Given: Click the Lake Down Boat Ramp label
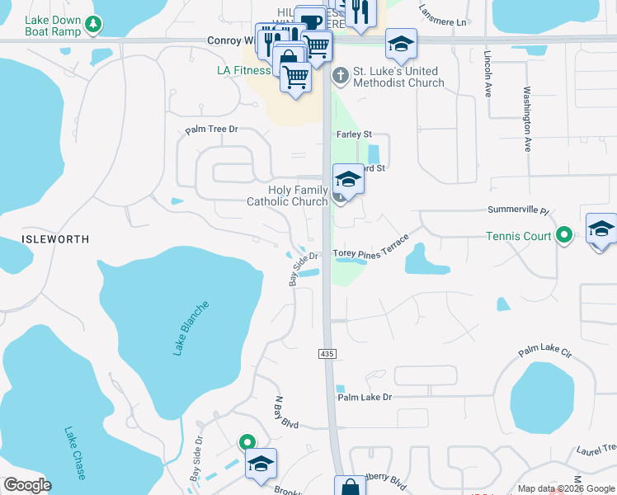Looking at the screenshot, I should click(53, 25).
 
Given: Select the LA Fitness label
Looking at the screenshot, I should click(243, 70).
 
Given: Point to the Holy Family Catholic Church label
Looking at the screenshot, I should click(287, 196).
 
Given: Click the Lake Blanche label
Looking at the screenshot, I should click(191, 328).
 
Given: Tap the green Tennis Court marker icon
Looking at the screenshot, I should click(563, 236).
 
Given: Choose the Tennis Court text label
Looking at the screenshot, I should click(519, 236).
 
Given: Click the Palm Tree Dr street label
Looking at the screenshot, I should click(211, 130).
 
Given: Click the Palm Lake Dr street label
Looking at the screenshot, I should click(365, 398).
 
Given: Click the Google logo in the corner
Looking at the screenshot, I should click(27, 484).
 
